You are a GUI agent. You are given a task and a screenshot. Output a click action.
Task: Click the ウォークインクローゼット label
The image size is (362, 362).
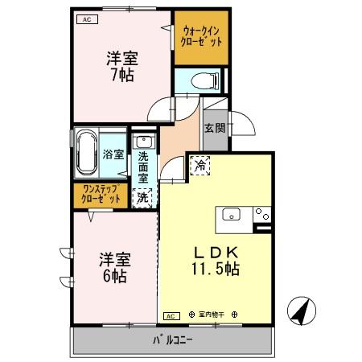point(201,35)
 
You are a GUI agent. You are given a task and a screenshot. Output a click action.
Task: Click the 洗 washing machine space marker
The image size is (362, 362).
point(142,195)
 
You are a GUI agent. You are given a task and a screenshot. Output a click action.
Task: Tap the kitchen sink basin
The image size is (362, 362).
point(231,214)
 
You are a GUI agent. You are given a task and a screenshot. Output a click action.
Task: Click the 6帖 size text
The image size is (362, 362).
point(114,275)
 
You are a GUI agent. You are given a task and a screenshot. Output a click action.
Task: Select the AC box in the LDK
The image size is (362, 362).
point(171,315)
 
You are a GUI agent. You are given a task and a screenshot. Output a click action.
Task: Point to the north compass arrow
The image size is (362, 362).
point(301,311)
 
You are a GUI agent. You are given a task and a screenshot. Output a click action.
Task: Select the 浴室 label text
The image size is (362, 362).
point(112,154)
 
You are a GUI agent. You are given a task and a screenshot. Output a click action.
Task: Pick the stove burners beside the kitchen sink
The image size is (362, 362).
point(261,214)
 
